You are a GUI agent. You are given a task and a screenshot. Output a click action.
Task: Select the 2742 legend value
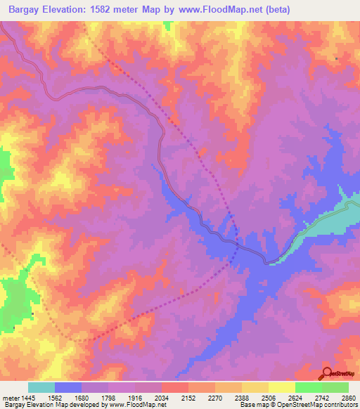(321, 398)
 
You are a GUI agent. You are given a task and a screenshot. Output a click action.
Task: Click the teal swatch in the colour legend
(41, 387)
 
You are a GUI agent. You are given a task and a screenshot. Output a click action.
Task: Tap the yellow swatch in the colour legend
(282, 387)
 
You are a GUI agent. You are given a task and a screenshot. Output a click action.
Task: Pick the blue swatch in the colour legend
(68, 387)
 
